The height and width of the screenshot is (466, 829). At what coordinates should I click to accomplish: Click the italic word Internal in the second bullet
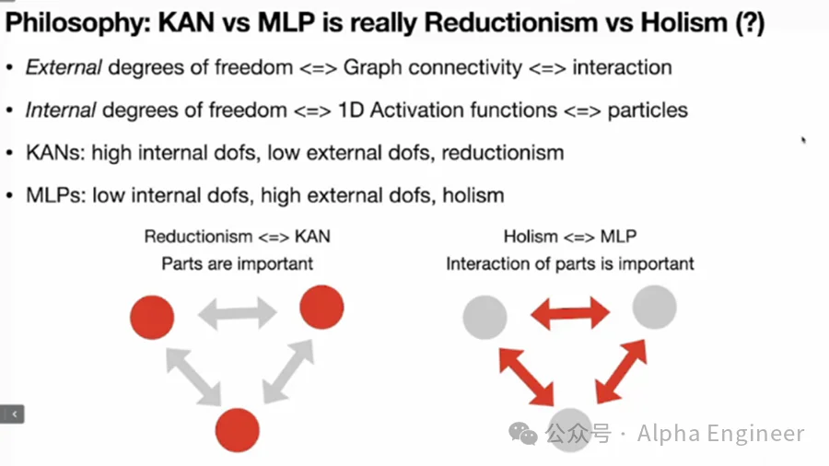61,111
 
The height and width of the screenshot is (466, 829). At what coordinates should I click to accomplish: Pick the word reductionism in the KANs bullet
503,152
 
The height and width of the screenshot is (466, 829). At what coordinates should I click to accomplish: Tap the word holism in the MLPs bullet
473,194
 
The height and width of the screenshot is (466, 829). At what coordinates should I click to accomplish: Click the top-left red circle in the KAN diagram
152,318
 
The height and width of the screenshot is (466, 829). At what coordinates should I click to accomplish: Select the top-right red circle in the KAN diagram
321,306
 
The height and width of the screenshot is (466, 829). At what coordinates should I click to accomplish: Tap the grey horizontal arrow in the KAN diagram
239,313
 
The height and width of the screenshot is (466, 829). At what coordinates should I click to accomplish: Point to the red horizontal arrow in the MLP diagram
570,313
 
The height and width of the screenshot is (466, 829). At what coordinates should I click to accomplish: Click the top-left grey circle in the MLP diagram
485,318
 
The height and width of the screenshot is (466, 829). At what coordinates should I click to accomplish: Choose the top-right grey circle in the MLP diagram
654,307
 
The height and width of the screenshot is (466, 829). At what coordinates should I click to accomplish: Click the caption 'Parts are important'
238,263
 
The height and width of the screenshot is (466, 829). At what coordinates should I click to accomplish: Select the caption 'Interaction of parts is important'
570,263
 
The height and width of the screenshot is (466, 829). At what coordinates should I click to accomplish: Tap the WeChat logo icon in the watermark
524,433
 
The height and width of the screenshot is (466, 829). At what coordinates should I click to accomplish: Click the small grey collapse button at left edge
13,414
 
